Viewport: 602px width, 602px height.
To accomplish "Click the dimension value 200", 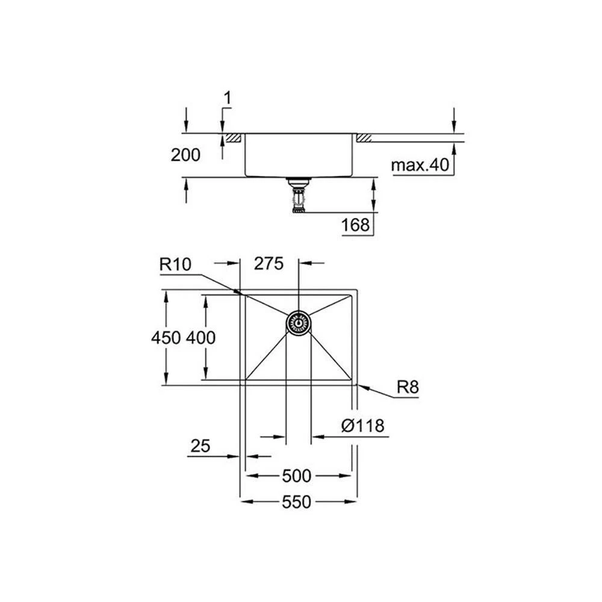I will click(x=185, y=155).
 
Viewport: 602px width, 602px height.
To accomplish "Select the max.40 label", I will click(x=420, y=165).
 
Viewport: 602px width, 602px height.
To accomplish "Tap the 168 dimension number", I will click(x=355, y=226).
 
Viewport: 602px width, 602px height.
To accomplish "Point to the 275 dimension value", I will click(x=269, y=264).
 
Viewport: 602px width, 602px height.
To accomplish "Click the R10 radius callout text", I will click(x=175, y=263).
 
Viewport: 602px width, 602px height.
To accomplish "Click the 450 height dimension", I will click(x=166, y=338).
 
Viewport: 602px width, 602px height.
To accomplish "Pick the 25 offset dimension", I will click(x=200, y=446).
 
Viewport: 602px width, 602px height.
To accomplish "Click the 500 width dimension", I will click(x=296, y=476).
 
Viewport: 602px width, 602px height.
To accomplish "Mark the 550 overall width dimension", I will click(x=296, y=501).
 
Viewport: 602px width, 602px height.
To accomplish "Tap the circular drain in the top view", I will click(x=298, y=323).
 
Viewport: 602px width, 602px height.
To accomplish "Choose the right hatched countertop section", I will click(x=364, y=138).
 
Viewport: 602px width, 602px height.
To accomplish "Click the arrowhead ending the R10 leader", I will click(x=242, y=294).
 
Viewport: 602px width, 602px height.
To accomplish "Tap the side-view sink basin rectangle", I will click(x=297, y=155).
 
